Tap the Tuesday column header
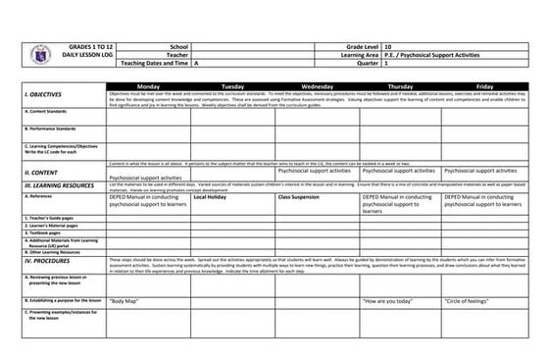click(233, 86)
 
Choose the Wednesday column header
click(317, 86)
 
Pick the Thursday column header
click(400, 86)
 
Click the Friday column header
click(484, 86)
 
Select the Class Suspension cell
click(298, 196)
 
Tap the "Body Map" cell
click(123, 299)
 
